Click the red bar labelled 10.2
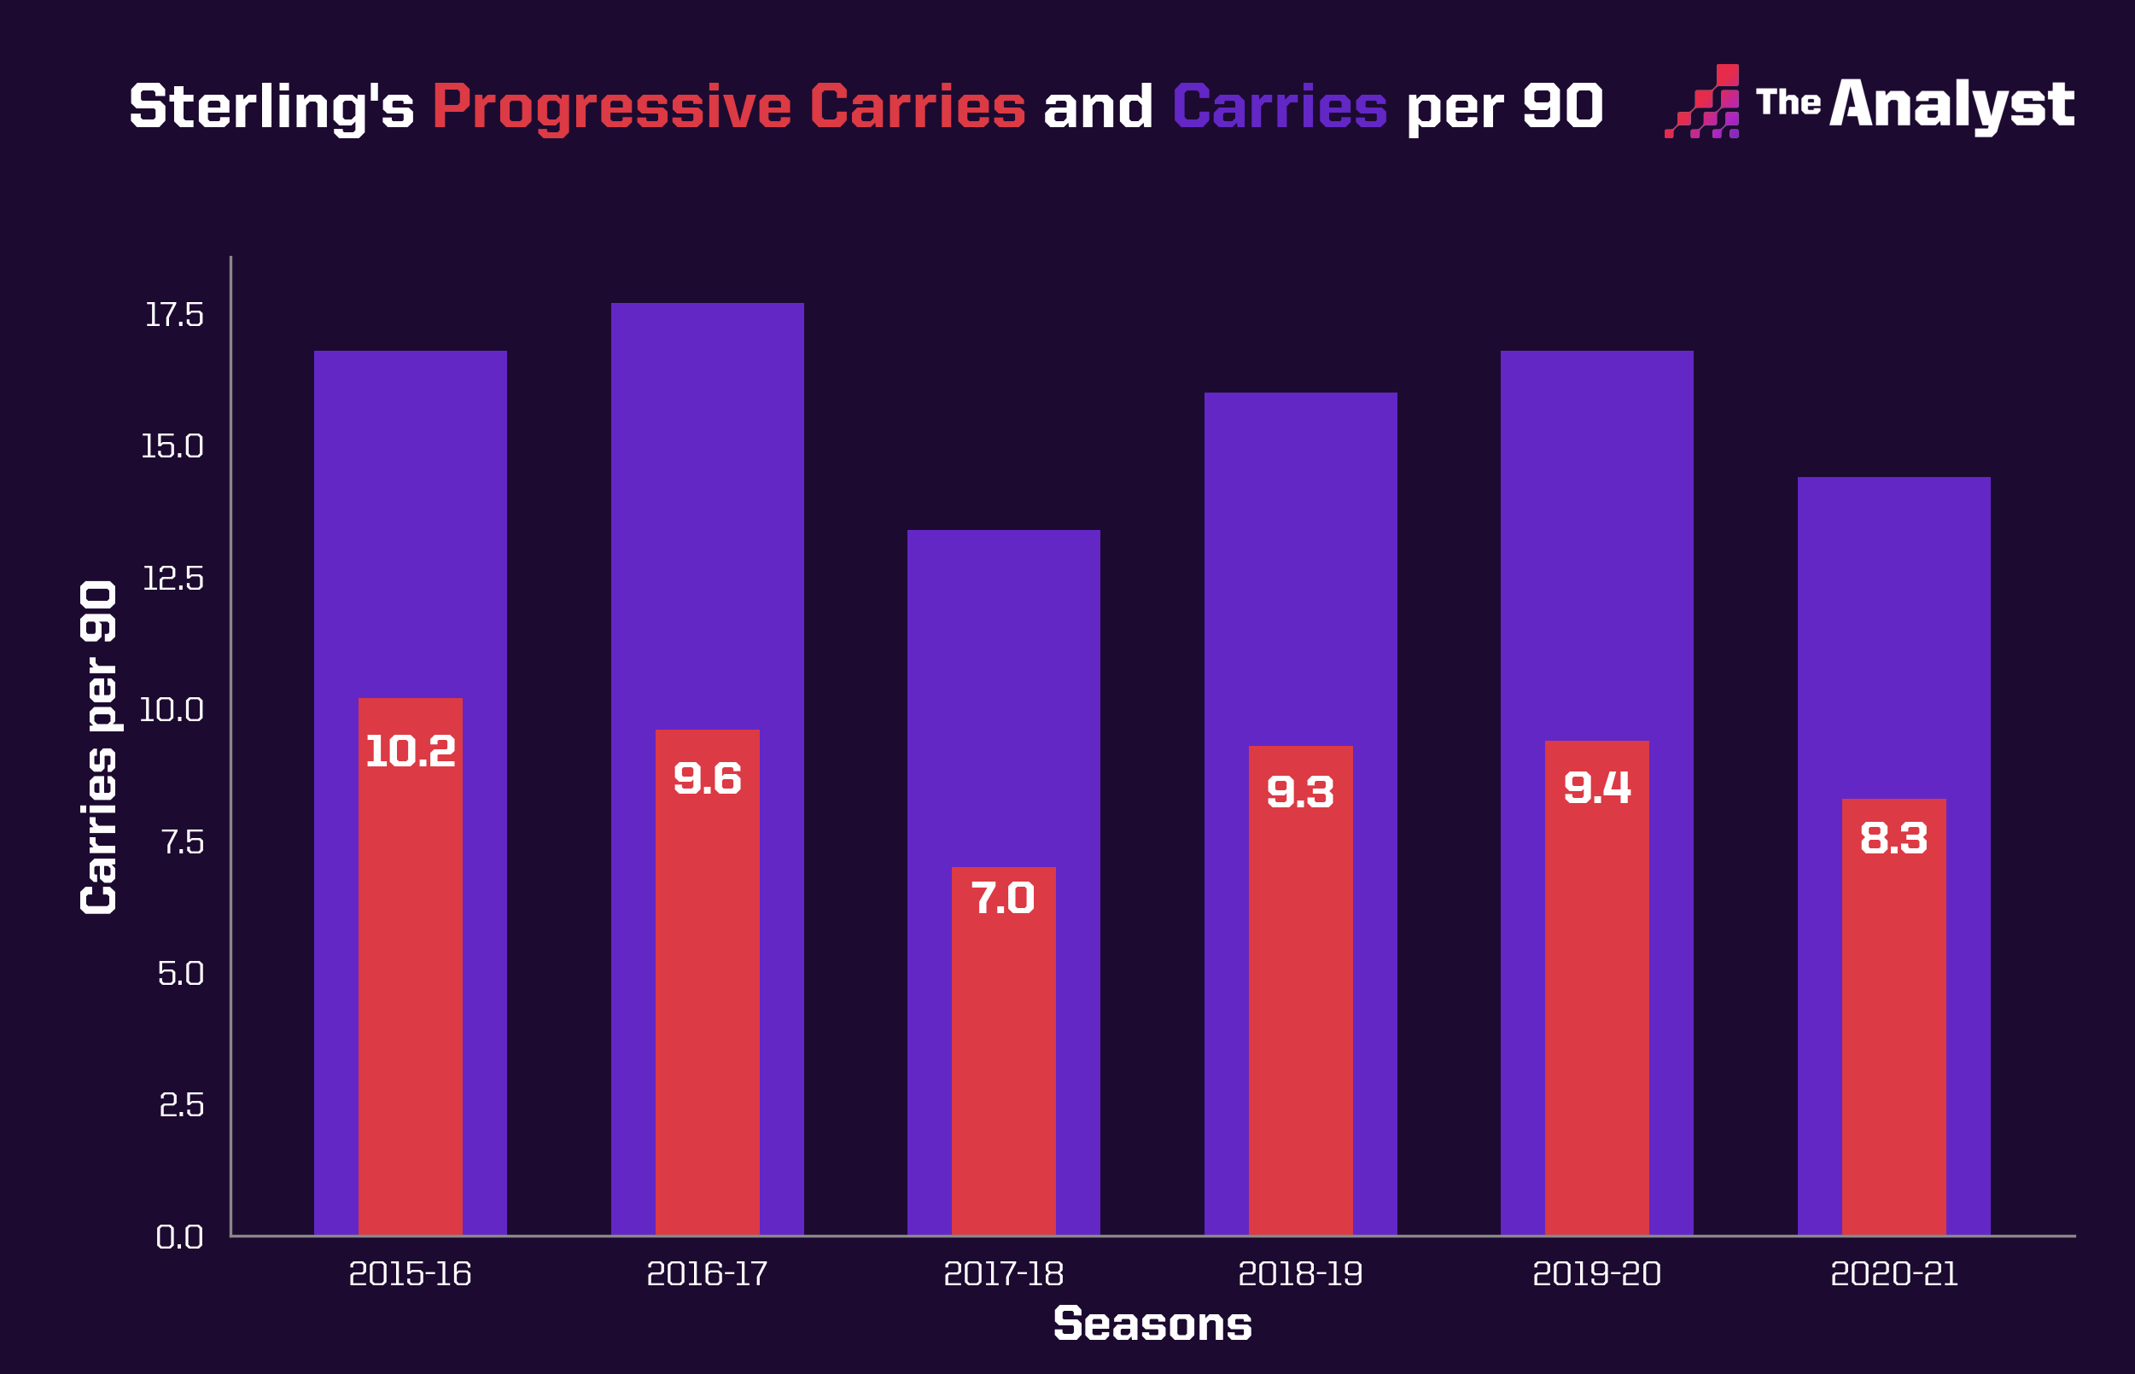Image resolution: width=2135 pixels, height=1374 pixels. [x=411, y=981]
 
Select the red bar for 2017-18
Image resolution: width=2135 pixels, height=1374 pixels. [x=1003, y=1062]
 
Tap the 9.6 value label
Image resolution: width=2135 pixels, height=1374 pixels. [x=707, y=779]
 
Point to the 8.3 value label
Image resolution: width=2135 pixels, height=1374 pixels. [x=1893, y=839]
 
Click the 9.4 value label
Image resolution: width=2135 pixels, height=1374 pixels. [x=1597, y=788]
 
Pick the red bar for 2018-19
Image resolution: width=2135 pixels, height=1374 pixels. [x=1300, y=1008]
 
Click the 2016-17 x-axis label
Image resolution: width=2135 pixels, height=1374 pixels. [x=707, y=1274]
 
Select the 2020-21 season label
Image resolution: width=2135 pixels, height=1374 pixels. [x=1893, y=1274]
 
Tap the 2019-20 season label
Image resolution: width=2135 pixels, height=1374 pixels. [x=1596, y=1274]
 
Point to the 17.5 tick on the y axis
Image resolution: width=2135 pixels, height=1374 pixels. [x=174, y=315]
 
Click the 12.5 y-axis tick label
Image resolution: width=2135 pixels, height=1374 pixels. [x=173, y=579]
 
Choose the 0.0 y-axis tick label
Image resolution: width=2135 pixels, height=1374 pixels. [x=179, y=1237]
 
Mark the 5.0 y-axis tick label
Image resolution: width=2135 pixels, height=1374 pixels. [x=180, y=974]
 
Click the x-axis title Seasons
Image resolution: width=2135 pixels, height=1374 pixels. [x=1152, y=1324]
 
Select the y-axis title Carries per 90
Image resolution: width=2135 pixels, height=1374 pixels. [x=98, y=747]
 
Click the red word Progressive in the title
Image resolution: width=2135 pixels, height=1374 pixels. [x=611, y=107]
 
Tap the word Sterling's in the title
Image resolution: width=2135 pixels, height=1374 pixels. [x=271, y=107]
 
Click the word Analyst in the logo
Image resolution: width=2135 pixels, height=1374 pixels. [x=1951, y=104]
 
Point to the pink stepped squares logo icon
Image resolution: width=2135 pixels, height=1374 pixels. [x=1702, y=102]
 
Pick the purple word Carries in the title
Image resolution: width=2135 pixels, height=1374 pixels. [x=1280, y=107]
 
